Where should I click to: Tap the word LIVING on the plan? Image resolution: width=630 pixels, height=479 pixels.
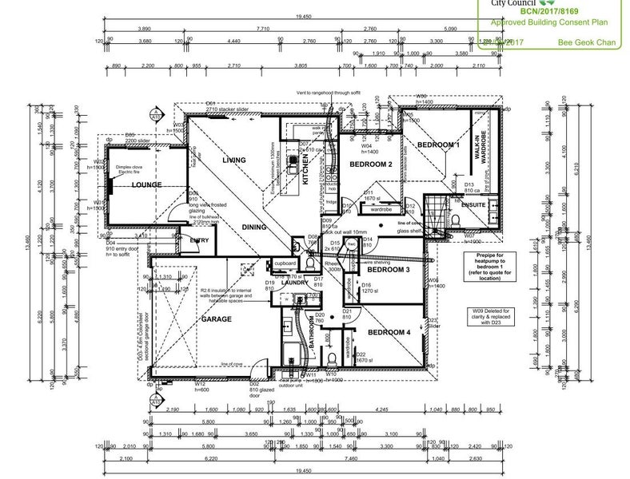click(234, 160)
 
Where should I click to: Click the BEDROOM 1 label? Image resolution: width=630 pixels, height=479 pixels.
click(438, 144)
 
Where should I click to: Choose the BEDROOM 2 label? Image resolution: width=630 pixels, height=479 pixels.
click(370, 164)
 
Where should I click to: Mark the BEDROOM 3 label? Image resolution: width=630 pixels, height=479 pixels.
click(386, 271)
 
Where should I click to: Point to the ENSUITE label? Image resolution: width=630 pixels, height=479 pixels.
click(472, 204)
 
